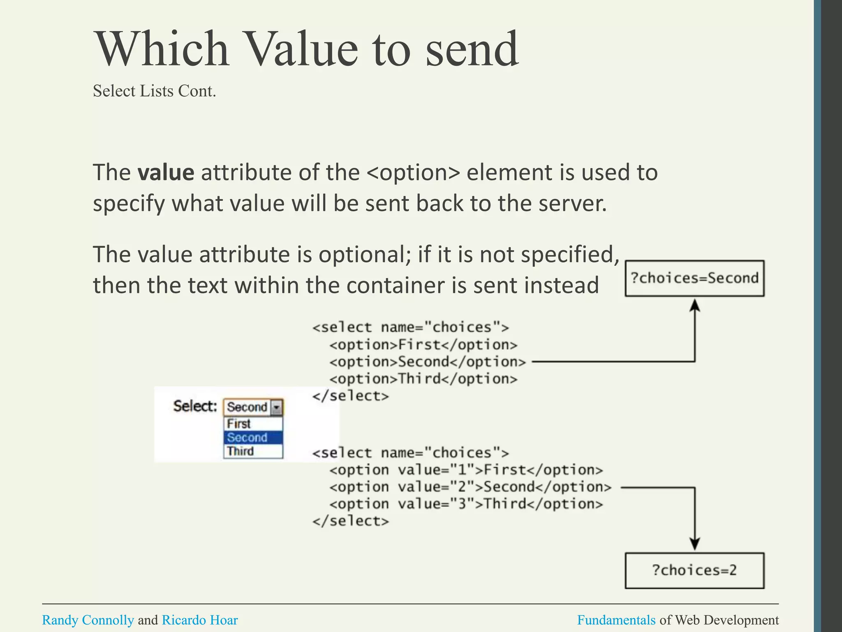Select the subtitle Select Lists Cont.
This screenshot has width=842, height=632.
coord(154,91)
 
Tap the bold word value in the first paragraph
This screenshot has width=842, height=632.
coord(166,172)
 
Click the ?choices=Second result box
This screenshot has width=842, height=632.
coord(694,278)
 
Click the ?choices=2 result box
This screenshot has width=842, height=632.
coord(694,570)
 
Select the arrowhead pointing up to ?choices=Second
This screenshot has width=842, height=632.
coord(695,305)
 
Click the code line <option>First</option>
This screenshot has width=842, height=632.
coord(423,345)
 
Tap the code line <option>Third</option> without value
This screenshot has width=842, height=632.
coord(423,379)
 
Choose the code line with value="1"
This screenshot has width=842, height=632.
coord(466,470)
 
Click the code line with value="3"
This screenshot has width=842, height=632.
coord(466,504)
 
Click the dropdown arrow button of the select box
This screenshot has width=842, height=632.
coord(277,407)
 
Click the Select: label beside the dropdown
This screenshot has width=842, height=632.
coord(195,406)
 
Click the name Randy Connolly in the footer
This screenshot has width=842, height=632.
coord(88,620)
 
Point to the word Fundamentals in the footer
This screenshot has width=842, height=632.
coord(616,620)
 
